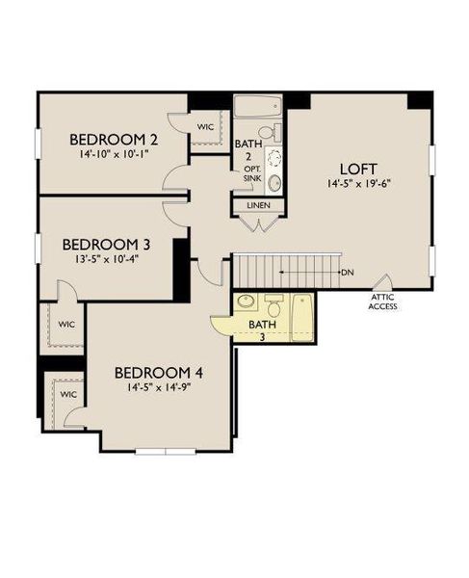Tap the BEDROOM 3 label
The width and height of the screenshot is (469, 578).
(x=103, y=244)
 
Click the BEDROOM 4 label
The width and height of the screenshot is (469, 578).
(x=159, y=372)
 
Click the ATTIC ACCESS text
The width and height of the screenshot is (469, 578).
(x=383, y=302)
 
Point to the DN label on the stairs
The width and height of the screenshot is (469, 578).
(x=348, y=273)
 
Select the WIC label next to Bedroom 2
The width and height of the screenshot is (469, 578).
(x=205, y=125)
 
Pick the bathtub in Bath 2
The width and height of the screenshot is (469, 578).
(x=257, y=106)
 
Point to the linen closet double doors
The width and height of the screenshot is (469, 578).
(x=256, y=225)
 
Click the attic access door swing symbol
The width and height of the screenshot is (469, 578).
(x=385, y=282)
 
